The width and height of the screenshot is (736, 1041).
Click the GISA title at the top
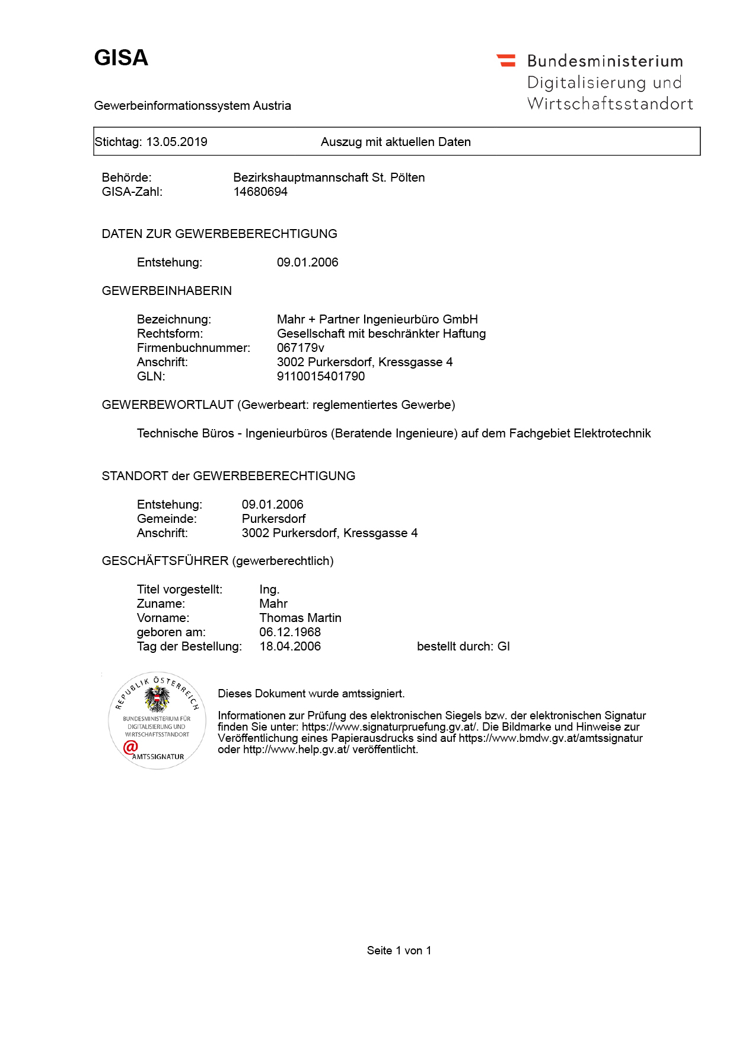[121, 58]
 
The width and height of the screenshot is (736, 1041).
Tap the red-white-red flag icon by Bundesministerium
[506, 60]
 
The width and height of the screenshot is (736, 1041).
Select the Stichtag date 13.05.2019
[177, 142]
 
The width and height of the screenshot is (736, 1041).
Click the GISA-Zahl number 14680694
[260, 192]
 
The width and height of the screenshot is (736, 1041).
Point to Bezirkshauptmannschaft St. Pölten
[329, 177]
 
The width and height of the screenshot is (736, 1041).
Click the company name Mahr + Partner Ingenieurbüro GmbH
[377, 319]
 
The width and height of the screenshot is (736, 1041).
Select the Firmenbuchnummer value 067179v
[300, 348]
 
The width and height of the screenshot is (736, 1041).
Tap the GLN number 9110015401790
[321, 376]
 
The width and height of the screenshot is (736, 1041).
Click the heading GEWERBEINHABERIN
[167, 291]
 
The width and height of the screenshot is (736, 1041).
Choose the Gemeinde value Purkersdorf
[273, 519]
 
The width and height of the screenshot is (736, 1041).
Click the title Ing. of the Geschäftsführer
[269, 589]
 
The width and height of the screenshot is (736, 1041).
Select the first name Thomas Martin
[300, 618]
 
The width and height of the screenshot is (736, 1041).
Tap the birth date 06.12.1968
[290, 632]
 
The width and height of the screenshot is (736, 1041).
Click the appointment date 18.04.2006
[290, 646]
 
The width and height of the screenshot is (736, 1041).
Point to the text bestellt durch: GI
[463, 646]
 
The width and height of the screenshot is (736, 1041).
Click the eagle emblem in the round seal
[157, 699]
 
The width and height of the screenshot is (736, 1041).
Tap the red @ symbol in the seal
[130, 747]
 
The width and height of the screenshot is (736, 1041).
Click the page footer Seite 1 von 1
[399, 950]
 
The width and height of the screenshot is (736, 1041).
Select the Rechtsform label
[170, 334]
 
